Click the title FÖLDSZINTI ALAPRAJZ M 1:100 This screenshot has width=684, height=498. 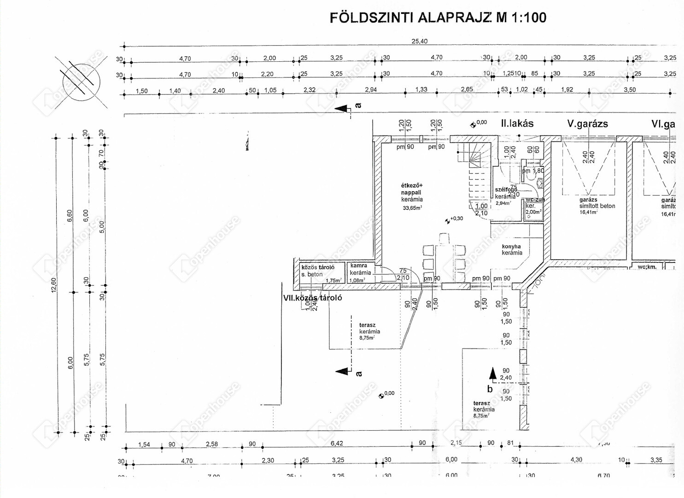[x=438, y=18]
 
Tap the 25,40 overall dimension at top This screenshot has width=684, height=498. [x=419, y=41]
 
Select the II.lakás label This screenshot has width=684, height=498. [x=517, y=124]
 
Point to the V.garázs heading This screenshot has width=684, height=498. [x=587, y=124]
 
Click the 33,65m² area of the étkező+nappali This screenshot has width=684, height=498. [x=412, y=208]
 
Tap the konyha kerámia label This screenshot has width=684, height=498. [x=511, y=249]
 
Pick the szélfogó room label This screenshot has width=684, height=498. [x=506, y=190]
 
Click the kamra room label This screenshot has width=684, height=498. [x=359, y=266]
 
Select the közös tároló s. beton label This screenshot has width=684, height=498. [x=317, y=271]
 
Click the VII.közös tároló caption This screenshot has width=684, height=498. [x=312, y=298]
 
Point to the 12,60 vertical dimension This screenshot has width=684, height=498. [x=54, y=285]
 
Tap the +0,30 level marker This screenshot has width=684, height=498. [x=456, y=219]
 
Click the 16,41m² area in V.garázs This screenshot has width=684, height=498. [x=588, y=213]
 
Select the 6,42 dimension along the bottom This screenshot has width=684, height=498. [x=337, y=444]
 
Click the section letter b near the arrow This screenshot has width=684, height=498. [x=490, y=389]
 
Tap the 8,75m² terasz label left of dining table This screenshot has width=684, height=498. [x=367, y=338]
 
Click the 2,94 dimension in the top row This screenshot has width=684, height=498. [x=370, y=90]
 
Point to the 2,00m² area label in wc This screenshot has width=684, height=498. [x=533, y=212]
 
